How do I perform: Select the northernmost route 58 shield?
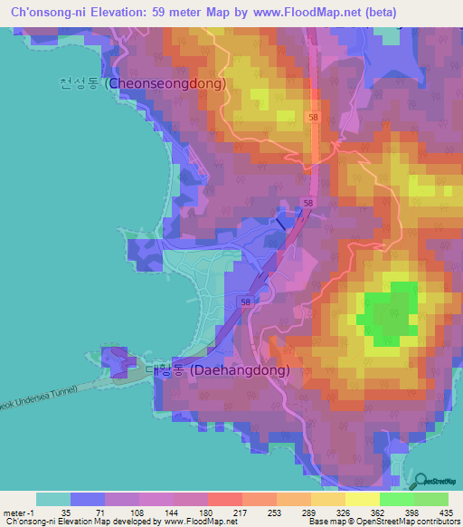coord(311,117)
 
